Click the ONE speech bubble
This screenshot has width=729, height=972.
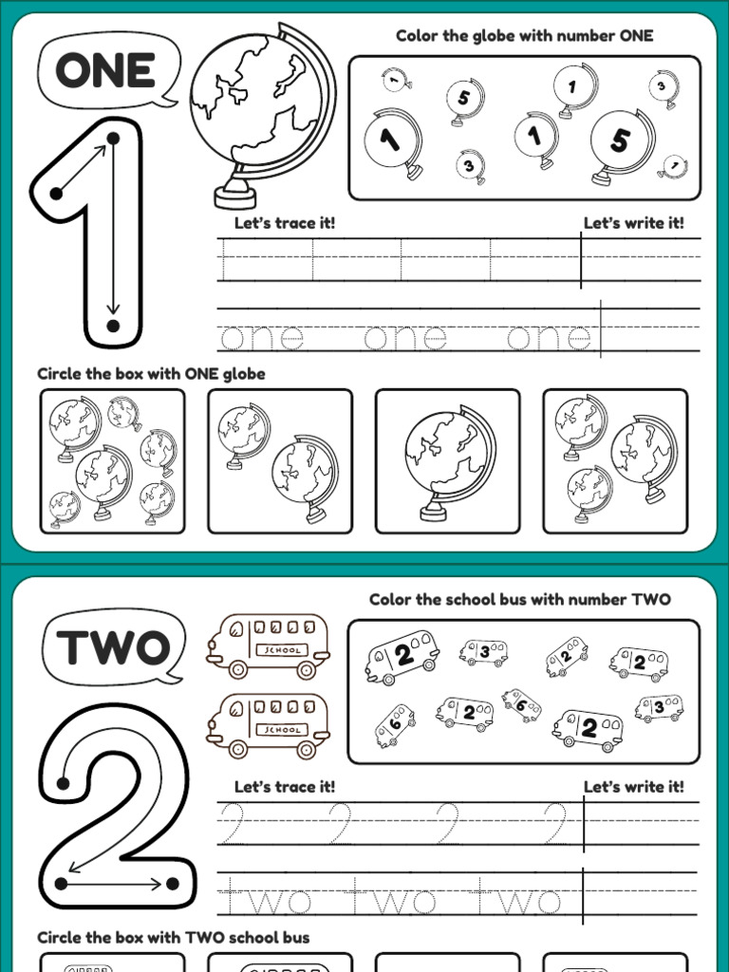(108, 70)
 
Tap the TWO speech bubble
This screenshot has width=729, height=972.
(114, 646)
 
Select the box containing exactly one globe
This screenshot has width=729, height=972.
(448, 461)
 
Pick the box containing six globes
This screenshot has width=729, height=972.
(112, 461)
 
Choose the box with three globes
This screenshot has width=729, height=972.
(615, 461)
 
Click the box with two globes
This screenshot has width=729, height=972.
(280, 461)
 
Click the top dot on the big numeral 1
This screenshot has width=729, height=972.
(113, 139)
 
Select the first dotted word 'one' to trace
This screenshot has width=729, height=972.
(262, 338)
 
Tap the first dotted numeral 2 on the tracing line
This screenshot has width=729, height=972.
(234, 823)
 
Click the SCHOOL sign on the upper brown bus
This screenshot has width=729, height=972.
(282, 650)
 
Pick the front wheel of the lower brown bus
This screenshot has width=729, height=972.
(238, 749)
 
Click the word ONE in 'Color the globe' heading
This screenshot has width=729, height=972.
(636, 36)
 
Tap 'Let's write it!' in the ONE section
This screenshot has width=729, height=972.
(633, 223)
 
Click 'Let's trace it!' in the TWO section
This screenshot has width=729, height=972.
(285, 787)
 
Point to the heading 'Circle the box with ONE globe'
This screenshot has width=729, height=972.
(151, 374)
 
